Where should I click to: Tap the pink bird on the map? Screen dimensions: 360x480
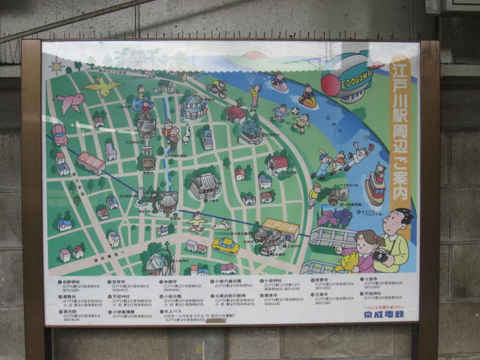coord(69,102)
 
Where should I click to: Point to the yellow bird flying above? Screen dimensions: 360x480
coord(102,86)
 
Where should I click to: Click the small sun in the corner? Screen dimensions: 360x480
coord(56,65)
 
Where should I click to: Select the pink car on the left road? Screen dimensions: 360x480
coord(59,134)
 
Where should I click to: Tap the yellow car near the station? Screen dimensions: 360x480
coord(225,245)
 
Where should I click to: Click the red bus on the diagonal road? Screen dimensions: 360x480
coord(91,163)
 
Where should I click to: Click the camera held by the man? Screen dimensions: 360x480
coord(381,254)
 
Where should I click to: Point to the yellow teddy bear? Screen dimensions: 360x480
coord(348,262)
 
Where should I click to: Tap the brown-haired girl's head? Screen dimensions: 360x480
coord(366,241)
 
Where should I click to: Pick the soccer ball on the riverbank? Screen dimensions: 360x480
coord(295,112)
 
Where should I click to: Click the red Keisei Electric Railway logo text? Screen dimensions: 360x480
coord(383,315)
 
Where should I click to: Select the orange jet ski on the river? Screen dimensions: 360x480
coord(307,99)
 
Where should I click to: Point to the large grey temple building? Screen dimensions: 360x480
coord(204,186)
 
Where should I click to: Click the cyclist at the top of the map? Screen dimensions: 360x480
coord(218,88)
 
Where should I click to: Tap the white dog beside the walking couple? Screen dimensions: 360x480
coord(186,134)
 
